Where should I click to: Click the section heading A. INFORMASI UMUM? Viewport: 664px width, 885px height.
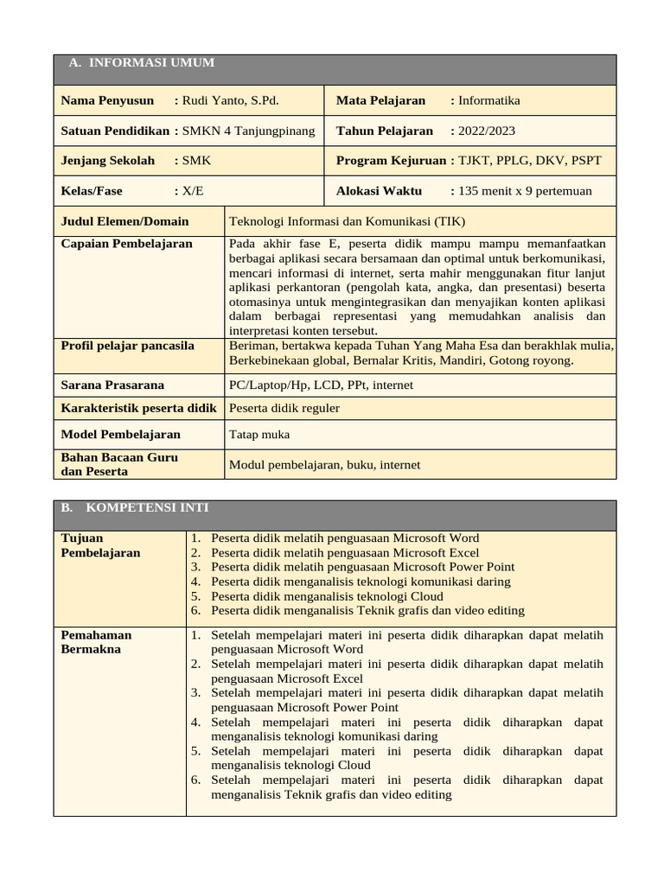[141, 63]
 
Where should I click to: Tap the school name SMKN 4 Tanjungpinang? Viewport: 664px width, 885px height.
[249, 131]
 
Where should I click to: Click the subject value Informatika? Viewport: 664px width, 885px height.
[488, 100]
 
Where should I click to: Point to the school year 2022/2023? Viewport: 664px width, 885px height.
[487, 131]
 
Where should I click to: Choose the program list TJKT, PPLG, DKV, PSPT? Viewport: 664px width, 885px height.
[529, 161]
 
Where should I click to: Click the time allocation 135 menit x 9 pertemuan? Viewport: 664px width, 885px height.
[525, 191]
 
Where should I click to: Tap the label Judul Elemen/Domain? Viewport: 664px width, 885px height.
[124, 220]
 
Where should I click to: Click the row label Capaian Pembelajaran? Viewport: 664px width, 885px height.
[126, 244]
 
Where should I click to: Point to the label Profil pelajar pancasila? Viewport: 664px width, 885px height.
[127, 346]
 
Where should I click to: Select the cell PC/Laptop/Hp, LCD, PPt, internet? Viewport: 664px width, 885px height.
[321, 385]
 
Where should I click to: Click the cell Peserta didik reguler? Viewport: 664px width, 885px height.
[284, 408]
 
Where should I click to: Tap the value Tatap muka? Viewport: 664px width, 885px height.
[259, 435]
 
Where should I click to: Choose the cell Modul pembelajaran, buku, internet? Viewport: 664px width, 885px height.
[324, 465]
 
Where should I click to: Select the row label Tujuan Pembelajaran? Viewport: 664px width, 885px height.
[100, 545]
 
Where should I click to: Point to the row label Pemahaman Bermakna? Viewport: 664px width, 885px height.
[96, 642]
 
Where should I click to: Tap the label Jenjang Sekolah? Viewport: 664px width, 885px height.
[107, 161]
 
